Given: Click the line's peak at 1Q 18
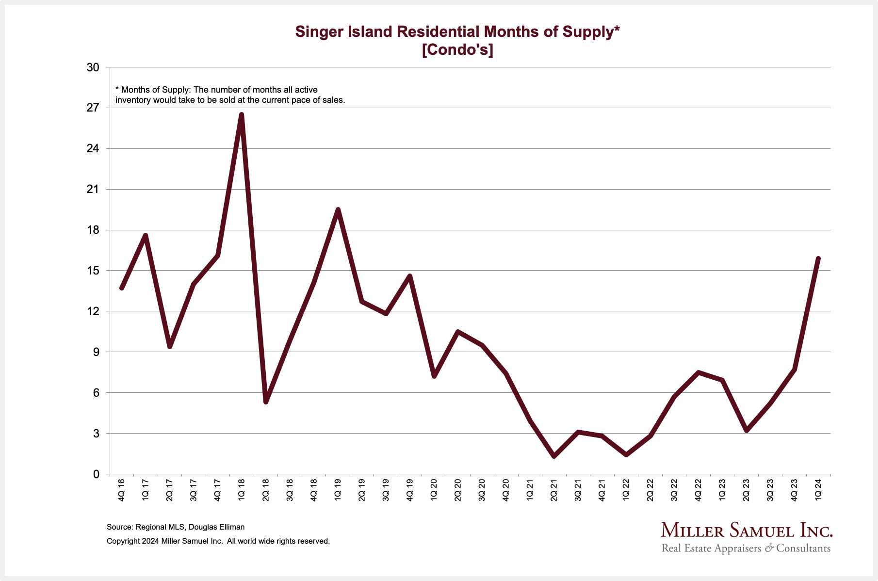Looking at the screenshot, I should [242, 115].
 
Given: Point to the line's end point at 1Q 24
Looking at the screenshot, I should [818, 258].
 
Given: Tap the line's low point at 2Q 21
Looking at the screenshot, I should [554, 456].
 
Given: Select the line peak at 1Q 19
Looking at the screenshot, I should [338, 210].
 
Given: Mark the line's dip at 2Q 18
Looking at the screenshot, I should [266, 402].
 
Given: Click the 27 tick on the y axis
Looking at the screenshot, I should [93, 108].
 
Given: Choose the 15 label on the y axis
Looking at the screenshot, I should [93, 270].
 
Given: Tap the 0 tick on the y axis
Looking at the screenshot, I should [96, 474].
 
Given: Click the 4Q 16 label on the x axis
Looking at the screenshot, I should [121, 490].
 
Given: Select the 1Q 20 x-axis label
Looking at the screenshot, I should [434, 490].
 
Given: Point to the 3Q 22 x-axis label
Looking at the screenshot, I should [674, 490].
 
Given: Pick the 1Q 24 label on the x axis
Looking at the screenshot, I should [818, 490].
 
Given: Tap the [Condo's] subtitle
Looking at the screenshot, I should [457, 49].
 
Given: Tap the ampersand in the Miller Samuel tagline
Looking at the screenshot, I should [769, 549].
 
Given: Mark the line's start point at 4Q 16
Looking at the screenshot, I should [122, 288].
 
